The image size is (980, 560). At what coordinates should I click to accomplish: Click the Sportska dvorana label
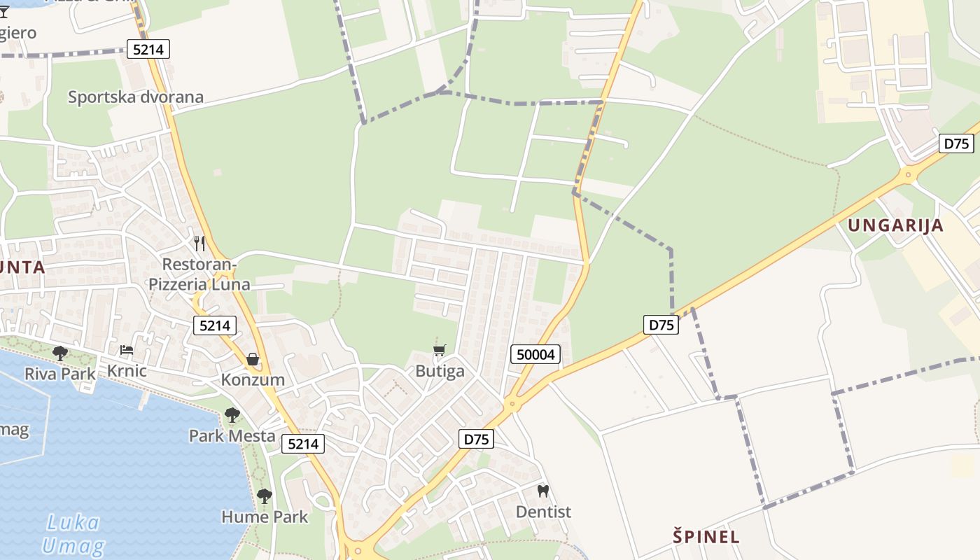click(x=135, y=97)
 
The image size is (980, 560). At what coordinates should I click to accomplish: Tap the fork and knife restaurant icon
click(x=199, y=243)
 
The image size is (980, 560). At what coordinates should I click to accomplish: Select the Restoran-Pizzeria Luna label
click(x=199, y=274)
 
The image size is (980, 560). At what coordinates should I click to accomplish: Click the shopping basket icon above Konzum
click(x=252, y=359)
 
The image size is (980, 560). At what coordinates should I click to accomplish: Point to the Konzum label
click(x=253, y=379)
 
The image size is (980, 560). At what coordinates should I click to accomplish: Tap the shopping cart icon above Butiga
click(x=440, y=350)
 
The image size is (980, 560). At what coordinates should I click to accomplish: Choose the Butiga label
click(x=440, y=370)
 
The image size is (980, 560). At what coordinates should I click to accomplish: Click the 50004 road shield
click(x=535, y=354)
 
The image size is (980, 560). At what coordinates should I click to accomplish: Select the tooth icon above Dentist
click(x=543, y=491)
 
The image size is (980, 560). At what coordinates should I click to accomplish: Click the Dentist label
click(x=543, y=512)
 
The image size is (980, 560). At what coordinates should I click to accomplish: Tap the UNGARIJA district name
click(x=895, y=225)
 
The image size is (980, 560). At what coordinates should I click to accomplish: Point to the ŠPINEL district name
click(x=706, y=537)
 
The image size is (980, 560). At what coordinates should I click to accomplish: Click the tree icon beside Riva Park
click(x=60, y=353)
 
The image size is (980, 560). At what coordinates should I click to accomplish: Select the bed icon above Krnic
click(x=126, y=350)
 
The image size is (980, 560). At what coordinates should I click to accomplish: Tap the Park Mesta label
click(x=232, y=435)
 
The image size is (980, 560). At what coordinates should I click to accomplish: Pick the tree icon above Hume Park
click(x=264, y=496)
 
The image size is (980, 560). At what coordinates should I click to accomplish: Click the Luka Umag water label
click(x=73, y=533)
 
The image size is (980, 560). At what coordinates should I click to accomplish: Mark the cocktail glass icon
click(x=4, y=12)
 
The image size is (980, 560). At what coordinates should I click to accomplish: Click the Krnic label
click(x=127, y=370)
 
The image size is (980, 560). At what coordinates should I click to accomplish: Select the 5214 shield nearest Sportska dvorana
click(x=148, y=48)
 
